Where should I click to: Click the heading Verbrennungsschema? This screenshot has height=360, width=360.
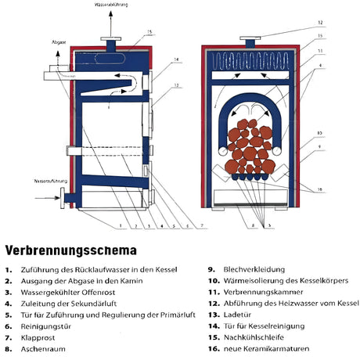click(x=70, y=251)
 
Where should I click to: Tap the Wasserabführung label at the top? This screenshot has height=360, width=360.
click(x=110, y=5)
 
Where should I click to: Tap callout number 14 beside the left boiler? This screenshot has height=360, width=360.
click(x=176, y=59)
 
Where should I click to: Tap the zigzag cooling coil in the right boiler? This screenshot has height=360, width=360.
click(x=250, y=61)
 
